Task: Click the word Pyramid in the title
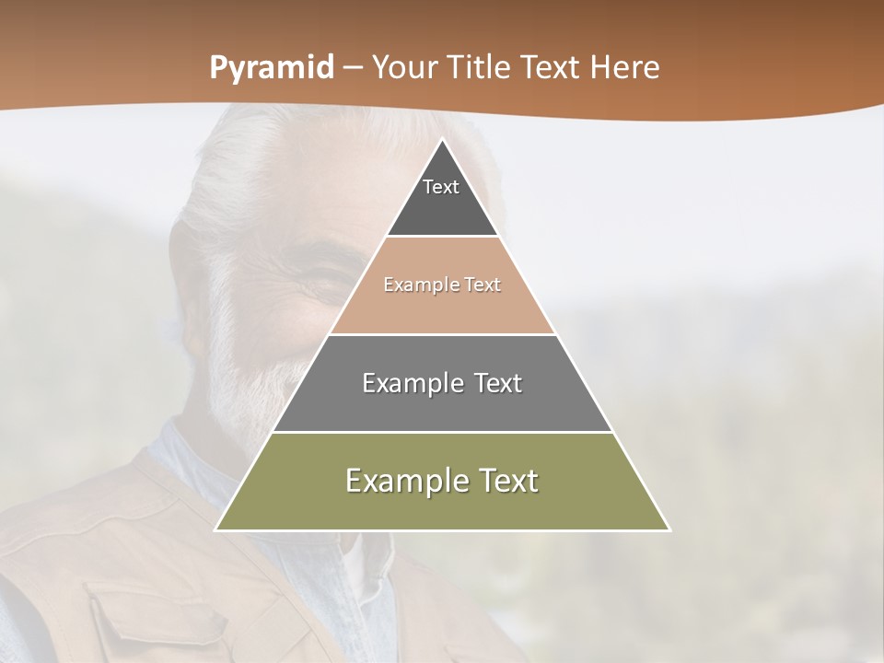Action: click(x=271, y=68)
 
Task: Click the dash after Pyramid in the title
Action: click(x=352, y=68)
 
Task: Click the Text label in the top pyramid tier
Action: click(x=441, y=187)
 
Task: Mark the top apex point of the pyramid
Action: click(x=442, y=139)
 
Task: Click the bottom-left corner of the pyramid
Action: click(x=215, y=529)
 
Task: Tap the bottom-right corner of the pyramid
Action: click(x=669, y=529)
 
